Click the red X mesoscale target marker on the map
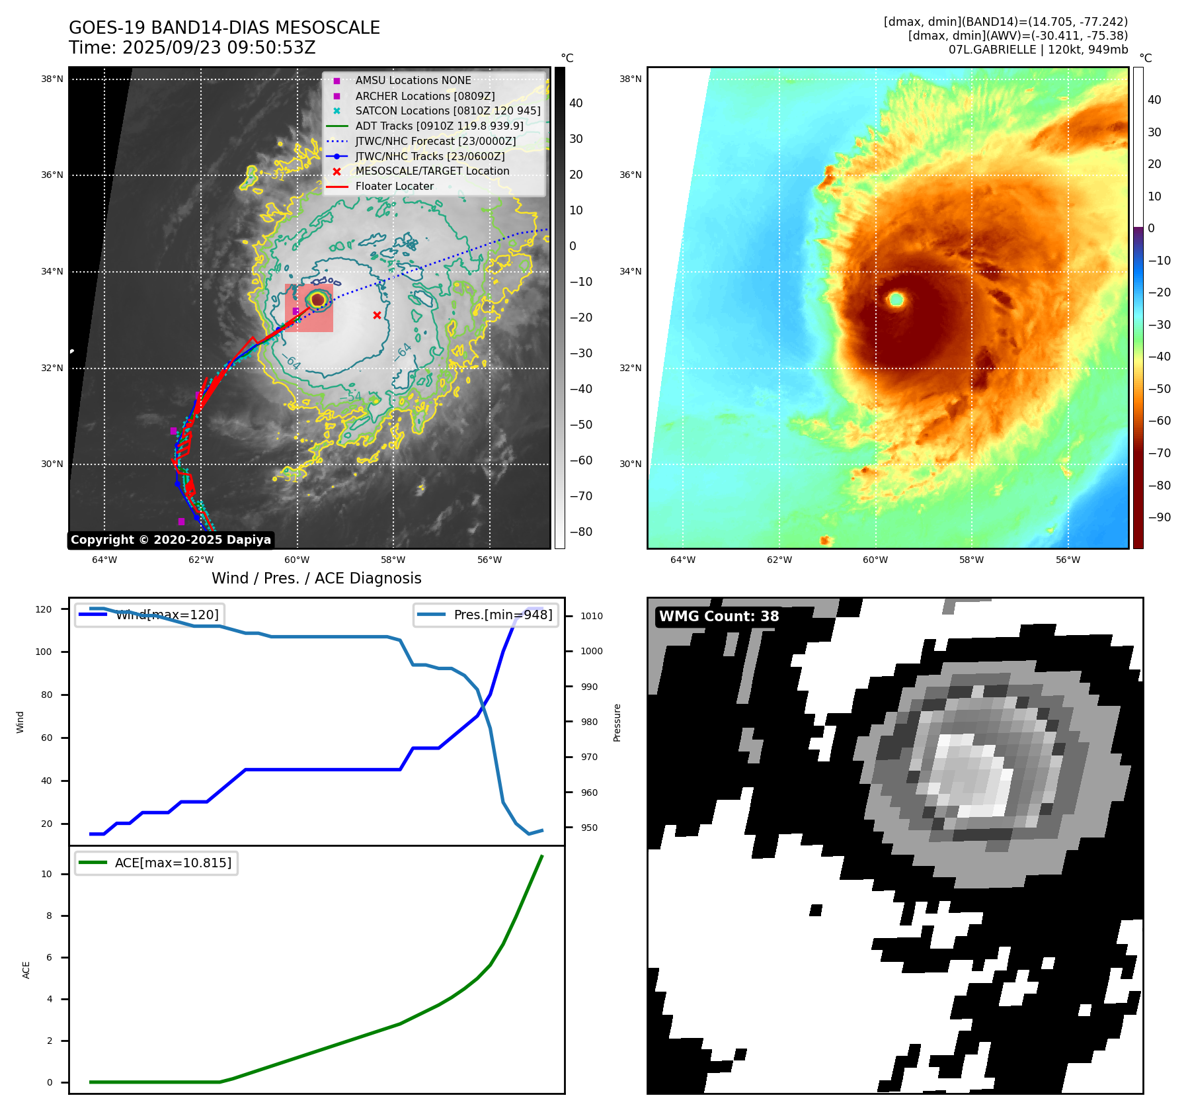[377, 315]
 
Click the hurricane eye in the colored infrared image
[896, 300]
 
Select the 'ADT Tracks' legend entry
[439, 126]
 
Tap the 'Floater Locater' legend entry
[394, 186]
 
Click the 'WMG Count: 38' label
[719, 617]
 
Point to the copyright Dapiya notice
[171, 540]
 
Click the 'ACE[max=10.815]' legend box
[173, 863]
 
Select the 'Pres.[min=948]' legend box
[502, 615]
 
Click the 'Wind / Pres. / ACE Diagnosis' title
[316, 578]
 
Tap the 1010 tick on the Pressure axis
[591, 616]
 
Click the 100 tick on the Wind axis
[43, 652]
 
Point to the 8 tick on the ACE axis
[48, 916]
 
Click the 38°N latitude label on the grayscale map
[52, 79]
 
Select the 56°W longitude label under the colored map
[1068, 560]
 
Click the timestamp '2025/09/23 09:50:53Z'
[219, 48]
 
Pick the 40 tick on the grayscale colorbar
[576, 103]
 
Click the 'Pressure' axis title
[617, 722]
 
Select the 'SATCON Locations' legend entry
[448, 110]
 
